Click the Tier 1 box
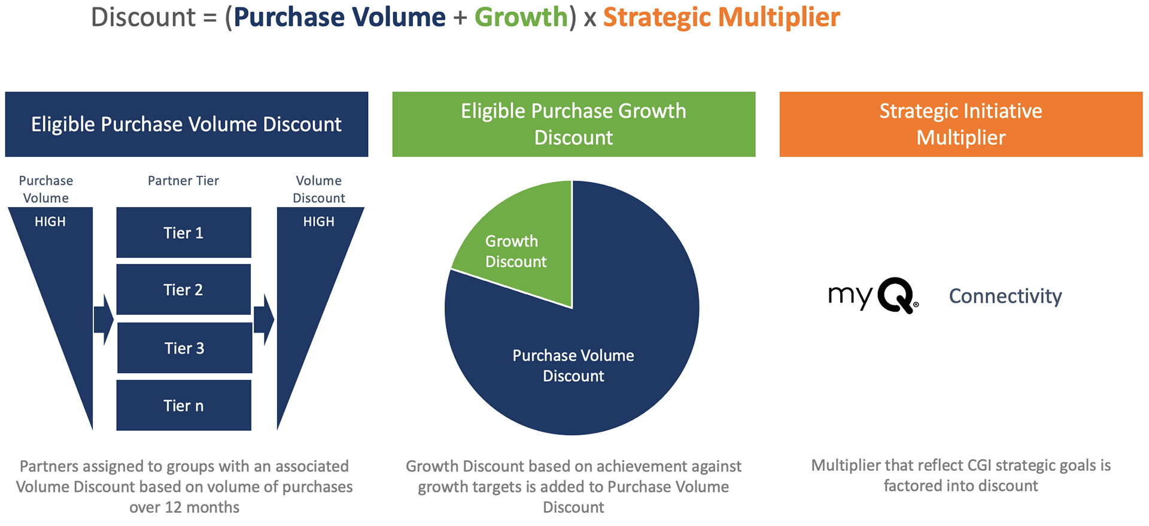click(x=184, y=232)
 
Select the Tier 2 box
click(x=184, y=290)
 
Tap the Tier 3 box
click(x=184, y=348)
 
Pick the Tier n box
click(x=184, y=405)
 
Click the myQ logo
click(x=873, y=295)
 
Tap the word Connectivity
click(x=1005, y=296)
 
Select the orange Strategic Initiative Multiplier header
click(x=961, y=124)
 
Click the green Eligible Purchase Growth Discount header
click(x=574, y=124)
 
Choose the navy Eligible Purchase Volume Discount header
click(x=187, y=124)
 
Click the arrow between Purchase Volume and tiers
click(x=104, y=320)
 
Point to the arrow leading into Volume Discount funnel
click(x=264, y=320)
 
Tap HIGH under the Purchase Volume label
click(x=50, y=221)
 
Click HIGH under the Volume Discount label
click(x=319, y=221)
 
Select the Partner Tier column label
click(x=183, y=181)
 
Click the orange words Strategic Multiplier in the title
click(x=722, y=17)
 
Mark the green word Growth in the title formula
click(x=521, y=17)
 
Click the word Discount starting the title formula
click(x=143, y=17)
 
